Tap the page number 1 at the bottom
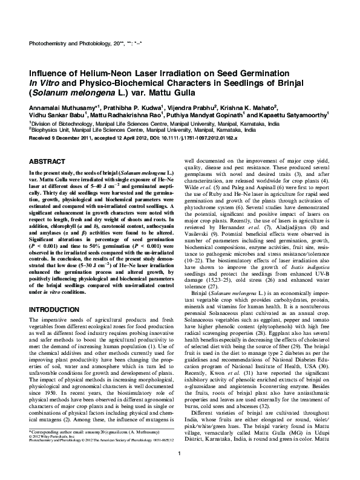click(180, 470)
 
